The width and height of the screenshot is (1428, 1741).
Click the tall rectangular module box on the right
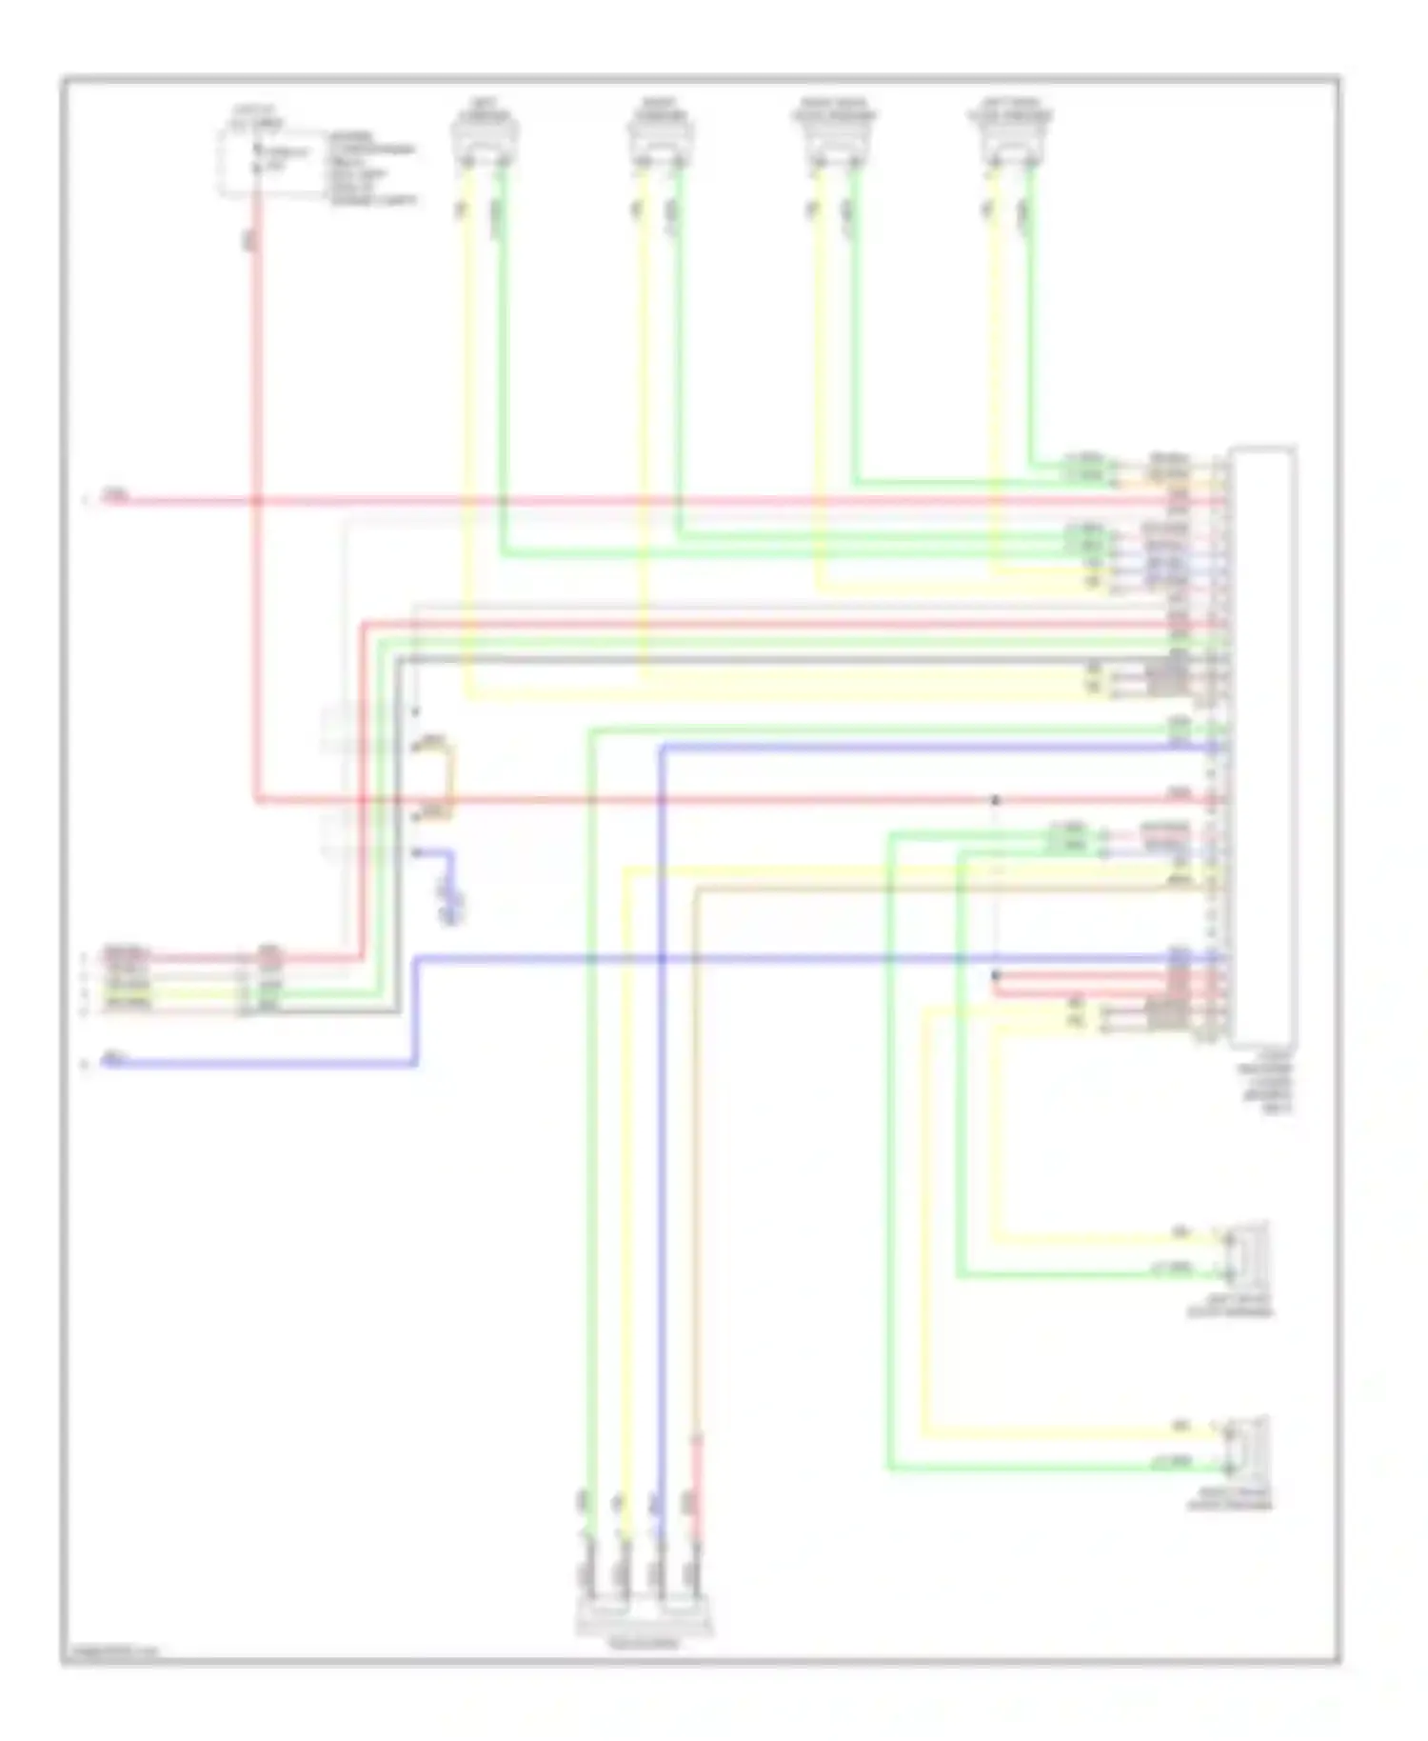tap(1262, 745)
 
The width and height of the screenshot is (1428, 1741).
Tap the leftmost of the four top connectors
tap(485, 140)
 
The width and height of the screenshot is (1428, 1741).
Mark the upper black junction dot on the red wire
tap(996, 799)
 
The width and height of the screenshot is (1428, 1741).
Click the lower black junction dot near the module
tap(996, 975)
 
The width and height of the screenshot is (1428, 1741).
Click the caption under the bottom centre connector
tap(644, 1643)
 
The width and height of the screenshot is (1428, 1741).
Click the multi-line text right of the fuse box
tap(372, 169)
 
